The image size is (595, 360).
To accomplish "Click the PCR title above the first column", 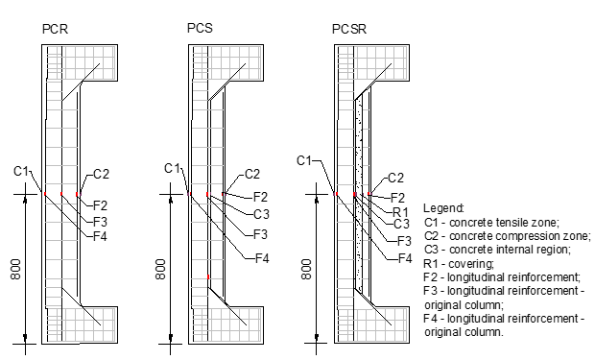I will click(x=55, y=31).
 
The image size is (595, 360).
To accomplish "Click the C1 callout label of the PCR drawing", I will click(x=22, y=171).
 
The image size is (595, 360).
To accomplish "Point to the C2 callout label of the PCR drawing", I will click(x=101, y=174).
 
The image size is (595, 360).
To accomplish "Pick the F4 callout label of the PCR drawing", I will click(x=99, y=235).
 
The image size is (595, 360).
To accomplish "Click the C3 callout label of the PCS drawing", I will click(x=261, y=214).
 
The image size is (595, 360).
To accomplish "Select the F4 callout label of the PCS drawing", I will click(x=261, y=258).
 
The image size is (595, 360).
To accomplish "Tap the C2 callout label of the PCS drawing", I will click(x=251, y=174).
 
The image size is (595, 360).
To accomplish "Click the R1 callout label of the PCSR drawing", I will click(x=401, y=211).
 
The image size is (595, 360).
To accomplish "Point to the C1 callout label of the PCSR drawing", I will click(x=305, y=159).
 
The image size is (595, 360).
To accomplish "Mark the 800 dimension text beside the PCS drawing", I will click(x=161, y=268).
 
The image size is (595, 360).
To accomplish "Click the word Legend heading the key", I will click(x=442, y=208).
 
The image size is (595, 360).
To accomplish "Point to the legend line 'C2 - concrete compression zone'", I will click(x=507, y=235).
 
